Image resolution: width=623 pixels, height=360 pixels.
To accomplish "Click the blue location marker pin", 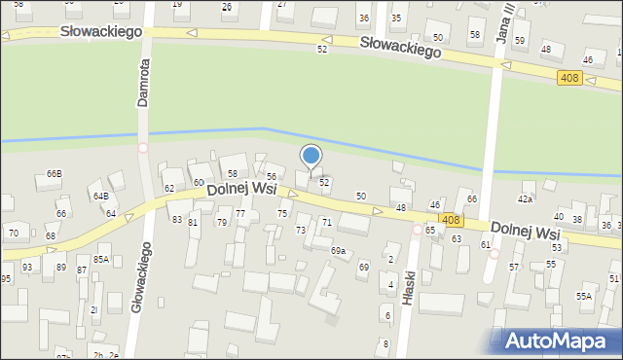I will (311, 157).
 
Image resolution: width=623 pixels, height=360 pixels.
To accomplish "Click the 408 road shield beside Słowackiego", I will (570, 78).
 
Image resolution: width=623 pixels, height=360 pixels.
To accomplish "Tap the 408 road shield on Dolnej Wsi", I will (450, 221).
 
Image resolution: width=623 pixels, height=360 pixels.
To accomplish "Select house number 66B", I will (54, 174).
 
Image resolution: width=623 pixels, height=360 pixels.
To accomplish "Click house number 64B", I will (100, 196).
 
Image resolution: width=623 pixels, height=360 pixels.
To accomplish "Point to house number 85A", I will (101, 259).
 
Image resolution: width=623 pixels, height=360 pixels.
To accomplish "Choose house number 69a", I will (338, 251).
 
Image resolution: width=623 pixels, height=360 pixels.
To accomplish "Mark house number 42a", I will (526, 198).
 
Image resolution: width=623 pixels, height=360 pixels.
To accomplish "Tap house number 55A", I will (584, 296).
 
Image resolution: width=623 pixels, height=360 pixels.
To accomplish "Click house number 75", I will (282, 213).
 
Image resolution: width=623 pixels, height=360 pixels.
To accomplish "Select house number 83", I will (177, 220).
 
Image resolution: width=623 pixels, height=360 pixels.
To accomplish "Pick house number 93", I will (27, 267).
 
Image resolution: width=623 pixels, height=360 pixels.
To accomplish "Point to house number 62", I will (169, 188).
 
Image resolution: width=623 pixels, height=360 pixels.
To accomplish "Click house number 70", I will (14, 234).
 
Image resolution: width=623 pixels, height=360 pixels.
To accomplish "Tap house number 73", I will (301, 231).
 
